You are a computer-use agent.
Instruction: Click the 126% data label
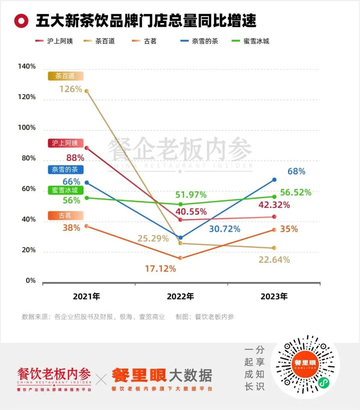tap(71, 89)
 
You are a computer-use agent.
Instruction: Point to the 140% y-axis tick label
tap(27, 67)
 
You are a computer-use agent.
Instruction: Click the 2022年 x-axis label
tap(180, 297)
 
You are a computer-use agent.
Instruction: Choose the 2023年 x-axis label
tap(274, 297)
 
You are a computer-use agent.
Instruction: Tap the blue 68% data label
tap(296, 171)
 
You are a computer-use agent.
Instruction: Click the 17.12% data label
tap(160, 269)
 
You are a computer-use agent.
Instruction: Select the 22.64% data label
tap(274, 259)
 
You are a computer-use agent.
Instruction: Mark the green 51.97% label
tap(191, 195)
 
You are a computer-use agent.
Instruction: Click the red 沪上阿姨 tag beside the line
tap(65, 143)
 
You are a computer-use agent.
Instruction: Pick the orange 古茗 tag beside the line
tap(65, 216)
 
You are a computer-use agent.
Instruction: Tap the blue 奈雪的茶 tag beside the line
tap(65, 169)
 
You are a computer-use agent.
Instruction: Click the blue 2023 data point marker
tap(274, 179)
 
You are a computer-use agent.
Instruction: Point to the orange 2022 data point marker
tap(180, 258)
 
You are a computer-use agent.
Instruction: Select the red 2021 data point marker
tap(87, 148)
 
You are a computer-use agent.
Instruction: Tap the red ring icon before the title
tap(21, 21)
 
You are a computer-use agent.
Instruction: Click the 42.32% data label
tap(274, 205)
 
